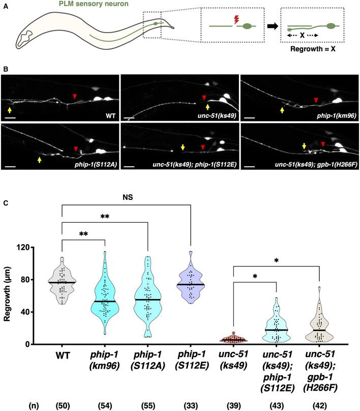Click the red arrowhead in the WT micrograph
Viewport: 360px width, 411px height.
click(75, 97)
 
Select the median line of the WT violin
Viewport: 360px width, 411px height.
click(62, 282)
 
